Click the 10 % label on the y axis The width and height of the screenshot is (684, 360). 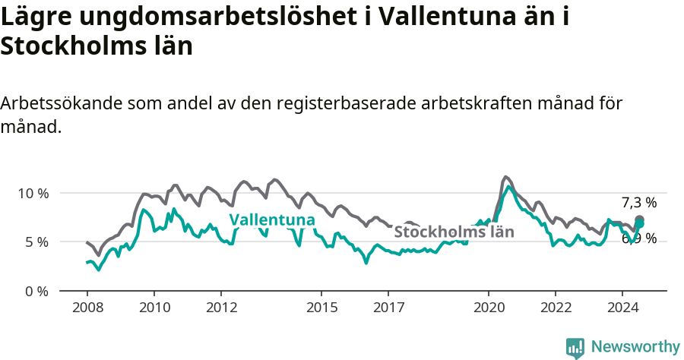[33, 193]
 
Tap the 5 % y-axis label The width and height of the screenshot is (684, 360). [36, 242]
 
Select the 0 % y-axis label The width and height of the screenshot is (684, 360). [36, 291]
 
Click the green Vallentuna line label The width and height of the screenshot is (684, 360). [272, 220]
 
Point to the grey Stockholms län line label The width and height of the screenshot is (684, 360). [454, 232]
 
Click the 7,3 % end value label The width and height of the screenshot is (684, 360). [638, 202]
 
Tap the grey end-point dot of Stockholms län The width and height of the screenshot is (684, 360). [640, 219]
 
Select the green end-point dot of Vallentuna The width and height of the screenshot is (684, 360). [639, 224]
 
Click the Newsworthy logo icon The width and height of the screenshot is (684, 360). [575, 347]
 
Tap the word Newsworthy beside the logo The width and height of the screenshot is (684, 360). [635, 347]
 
